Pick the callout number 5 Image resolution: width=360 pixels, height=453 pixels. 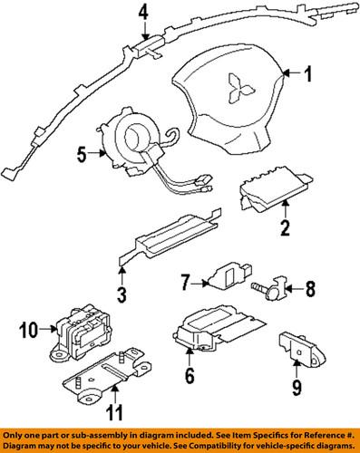coord(83,155)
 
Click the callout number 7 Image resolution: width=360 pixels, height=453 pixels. coord(182,284)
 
